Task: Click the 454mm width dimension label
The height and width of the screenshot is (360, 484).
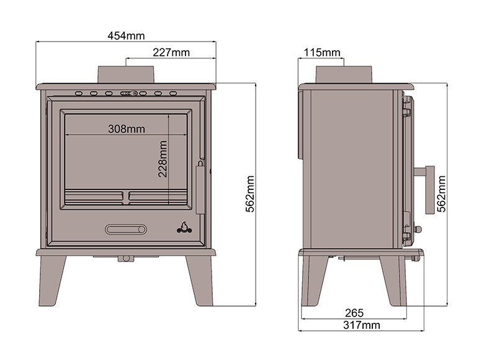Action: [x=126, y=36]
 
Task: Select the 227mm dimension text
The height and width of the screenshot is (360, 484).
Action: [x=171, y=53]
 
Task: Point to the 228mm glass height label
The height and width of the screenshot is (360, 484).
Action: [x=163, y=159]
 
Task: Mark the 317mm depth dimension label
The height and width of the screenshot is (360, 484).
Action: [x=362, y=325]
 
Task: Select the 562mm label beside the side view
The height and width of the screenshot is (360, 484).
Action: [x=441, y=194]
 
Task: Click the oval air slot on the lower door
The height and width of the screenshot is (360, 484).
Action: [x=126, y=230]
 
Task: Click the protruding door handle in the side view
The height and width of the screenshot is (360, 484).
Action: [x=428, y=189]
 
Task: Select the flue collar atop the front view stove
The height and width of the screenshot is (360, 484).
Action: [x=126, y=74]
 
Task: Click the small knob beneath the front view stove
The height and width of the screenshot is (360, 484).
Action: [x=127, y=258]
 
